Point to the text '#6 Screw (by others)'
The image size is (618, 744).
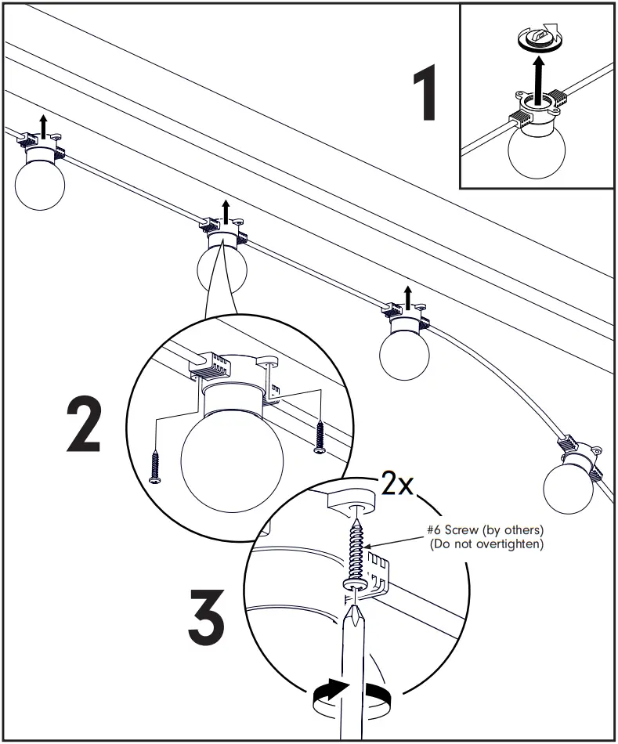486,530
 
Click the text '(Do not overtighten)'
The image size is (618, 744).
486,544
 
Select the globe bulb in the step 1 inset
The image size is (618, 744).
537,150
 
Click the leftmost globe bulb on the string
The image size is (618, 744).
40,185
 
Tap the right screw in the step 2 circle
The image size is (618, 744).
320,437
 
